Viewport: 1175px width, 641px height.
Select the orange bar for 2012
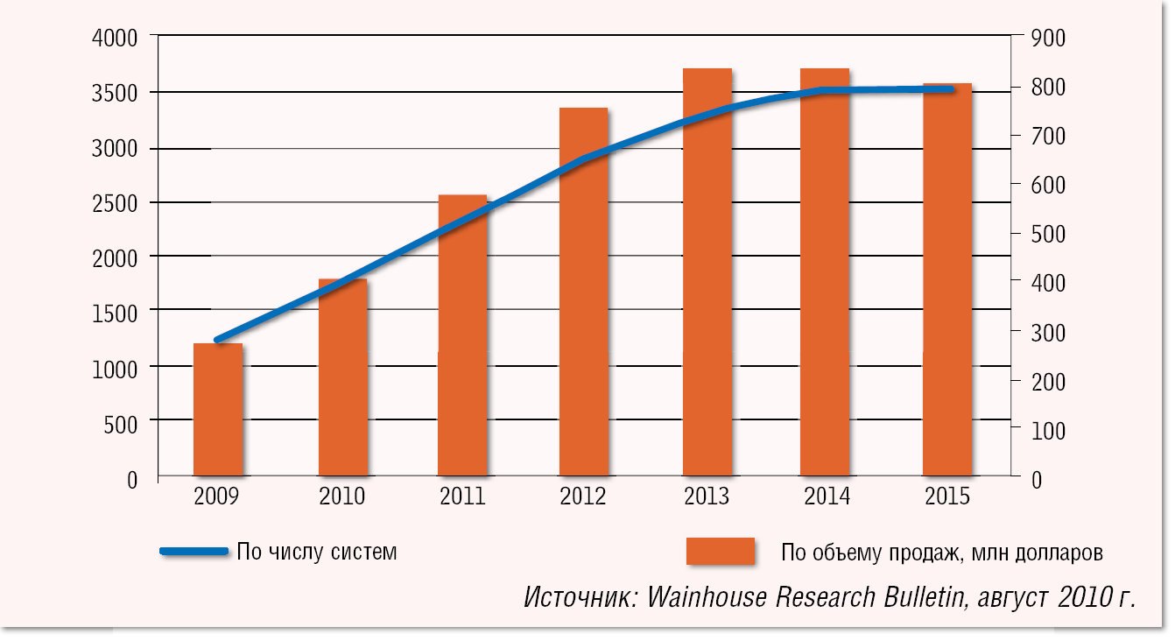coord(583,292)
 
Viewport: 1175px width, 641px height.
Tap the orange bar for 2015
coord(947,280)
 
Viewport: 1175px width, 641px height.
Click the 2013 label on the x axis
coord(707,497)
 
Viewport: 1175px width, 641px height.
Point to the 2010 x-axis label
coord(342,497)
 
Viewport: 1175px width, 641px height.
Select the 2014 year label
coord(827,497)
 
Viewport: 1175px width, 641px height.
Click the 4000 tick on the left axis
coord(114,39)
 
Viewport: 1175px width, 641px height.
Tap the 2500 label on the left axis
coord(114,203)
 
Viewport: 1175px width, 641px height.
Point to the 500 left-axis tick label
coord(120,425)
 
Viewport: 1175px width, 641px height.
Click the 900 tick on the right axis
coord(1048,39)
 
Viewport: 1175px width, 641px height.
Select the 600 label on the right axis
coord(1048,186)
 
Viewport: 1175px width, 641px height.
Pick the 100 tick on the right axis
coord(1048,431)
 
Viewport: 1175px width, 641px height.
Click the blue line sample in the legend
coord(193,552)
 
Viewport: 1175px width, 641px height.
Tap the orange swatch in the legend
coord(720,552)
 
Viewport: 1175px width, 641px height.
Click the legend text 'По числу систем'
coord(317,553)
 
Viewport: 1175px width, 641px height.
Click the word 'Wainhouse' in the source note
coord(707,598)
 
